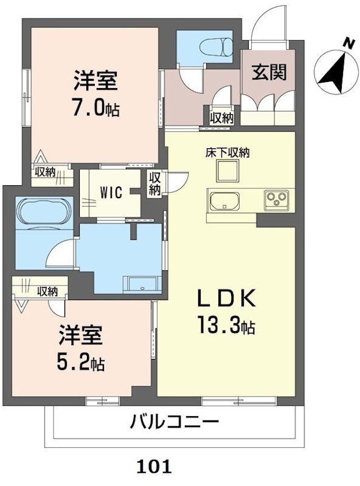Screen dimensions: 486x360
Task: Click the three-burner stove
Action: [278, 199]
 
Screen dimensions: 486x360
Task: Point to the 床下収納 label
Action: [227, 153]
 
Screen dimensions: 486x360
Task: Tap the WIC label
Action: [111, 193]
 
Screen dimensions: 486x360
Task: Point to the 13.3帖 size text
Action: [225, 327]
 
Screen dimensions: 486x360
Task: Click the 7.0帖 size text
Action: [95, 109]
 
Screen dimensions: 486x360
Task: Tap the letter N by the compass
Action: [348, 43]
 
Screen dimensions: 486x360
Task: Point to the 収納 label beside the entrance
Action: [222, 118]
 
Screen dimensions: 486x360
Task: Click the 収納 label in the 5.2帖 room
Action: [47, 292]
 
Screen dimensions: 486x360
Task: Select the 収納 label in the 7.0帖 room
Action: [45, 172]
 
